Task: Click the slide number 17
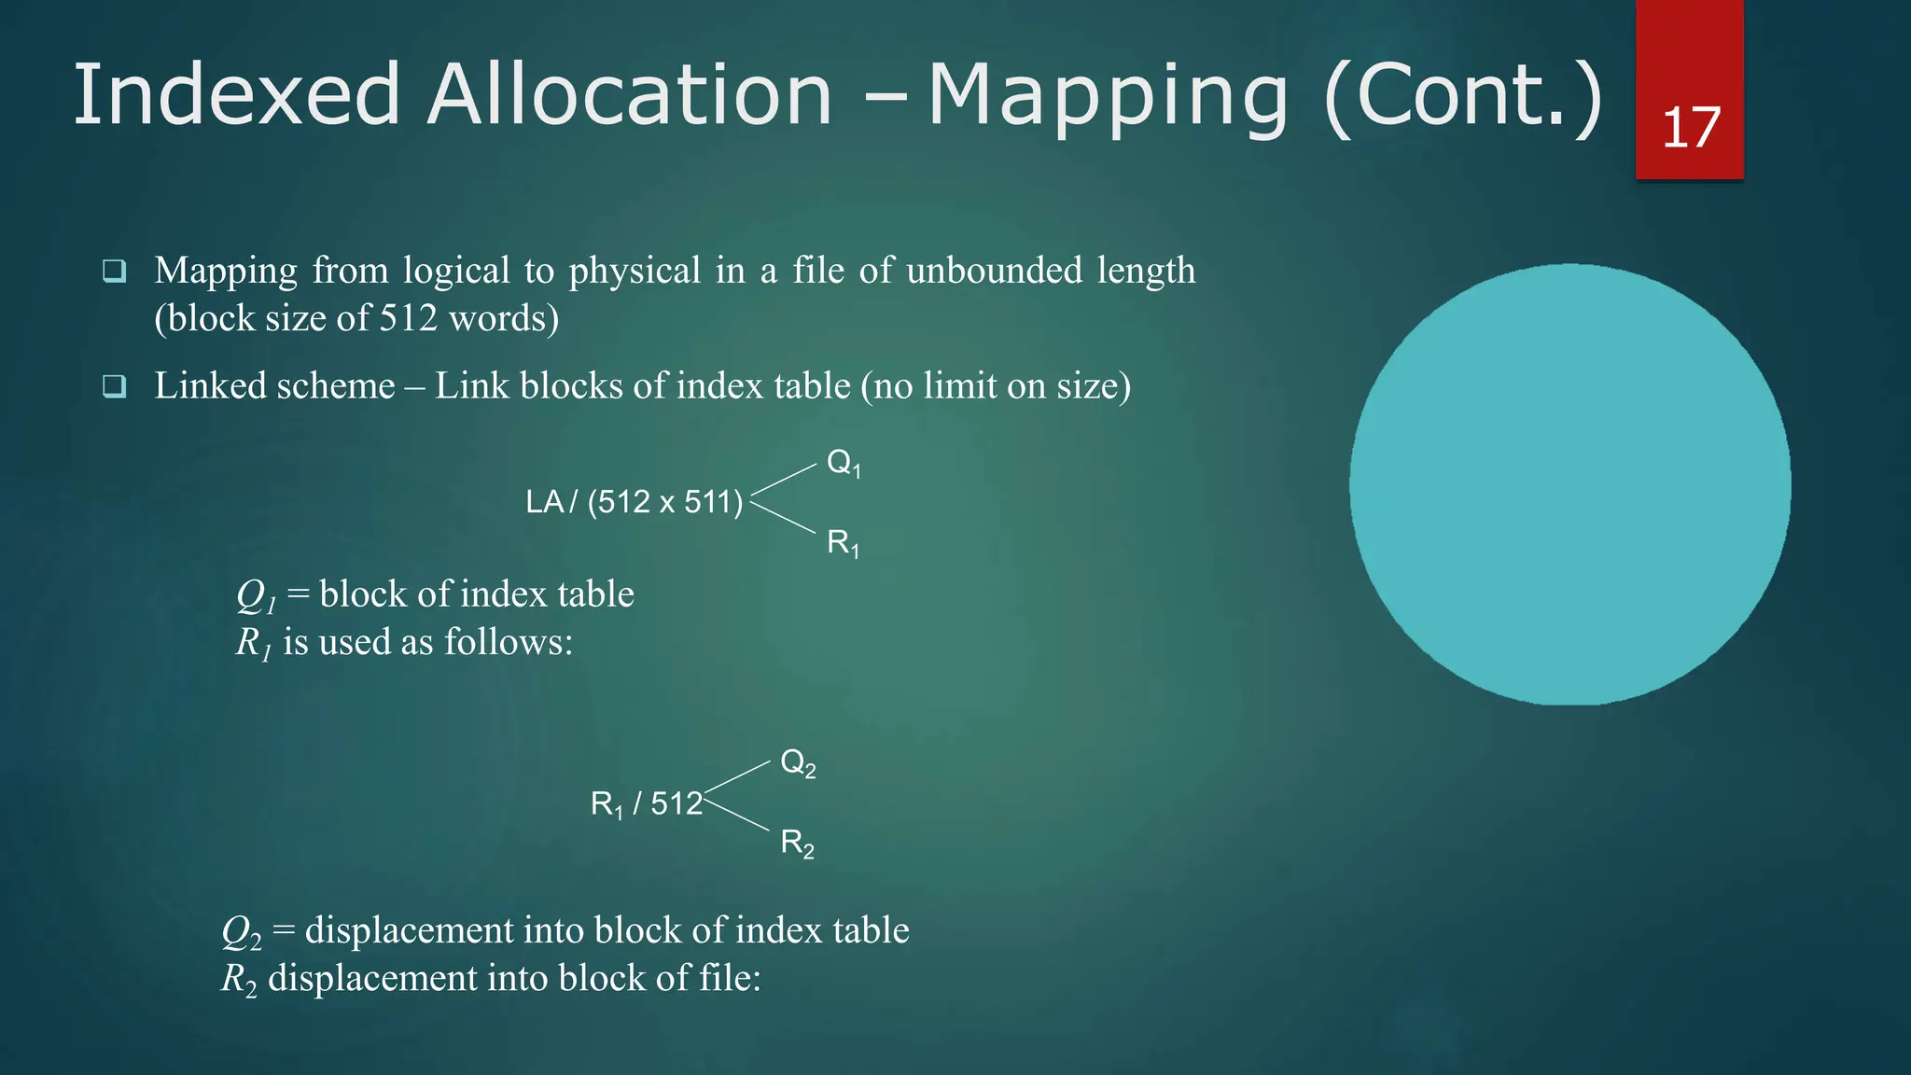pos(1691,128)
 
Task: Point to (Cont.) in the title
pos(1463,97)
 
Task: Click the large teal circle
pos(1569,484)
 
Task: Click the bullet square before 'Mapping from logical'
pos(114,272)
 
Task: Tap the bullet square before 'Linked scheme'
pos(114,386)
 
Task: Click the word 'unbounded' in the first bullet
pos(994,271)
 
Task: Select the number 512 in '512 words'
pos(408,318)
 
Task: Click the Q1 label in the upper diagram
pos(844,463)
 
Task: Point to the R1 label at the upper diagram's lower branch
pos(843,543)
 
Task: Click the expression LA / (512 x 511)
pos(635,502)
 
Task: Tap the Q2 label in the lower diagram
pos(798,763)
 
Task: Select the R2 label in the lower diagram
pos(797,844)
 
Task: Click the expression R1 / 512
pos(646,803)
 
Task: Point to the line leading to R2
pos(737,814)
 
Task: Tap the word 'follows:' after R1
pos(508,642)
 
